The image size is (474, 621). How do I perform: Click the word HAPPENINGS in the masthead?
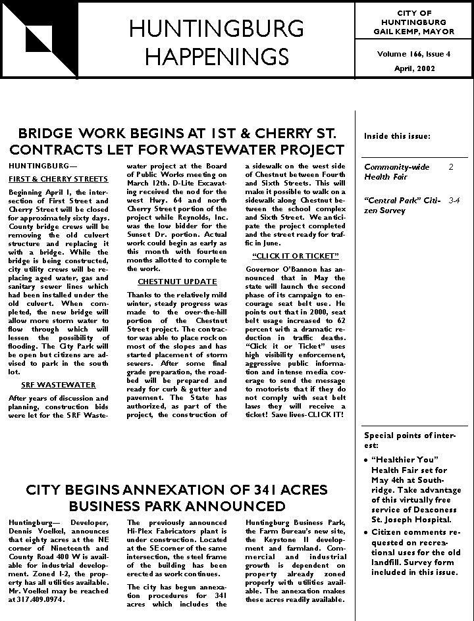pyautogui.click(x=217, y=57)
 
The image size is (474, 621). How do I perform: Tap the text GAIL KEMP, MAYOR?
pyautogui.click(x=414, y=31)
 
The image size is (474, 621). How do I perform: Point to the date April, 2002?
pyautogui.click(x=413, y=68)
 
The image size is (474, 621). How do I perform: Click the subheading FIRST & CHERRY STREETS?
pyautogui.click(x=59, y=179)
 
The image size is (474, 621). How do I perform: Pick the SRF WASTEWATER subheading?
pyautogui.click(x=59, y=385)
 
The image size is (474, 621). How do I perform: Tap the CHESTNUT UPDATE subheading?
pyautogui.click(x=177, y=282)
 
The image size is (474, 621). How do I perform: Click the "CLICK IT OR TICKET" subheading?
pyautogui.click(x=296, y=255)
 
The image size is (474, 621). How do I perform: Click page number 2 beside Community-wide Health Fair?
pyautogui.click(x=451, y=167)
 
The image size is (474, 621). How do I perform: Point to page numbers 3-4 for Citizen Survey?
pyautogui.click(x=454, y=199)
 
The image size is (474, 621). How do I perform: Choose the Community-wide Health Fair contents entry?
pyautogui.click(x=396, y=172)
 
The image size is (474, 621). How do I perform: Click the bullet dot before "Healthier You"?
pyautogui.click(x=367, y=459)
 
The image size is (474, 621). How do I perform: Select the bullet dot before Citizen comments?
pyautogui.click(x=367, y=532)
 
